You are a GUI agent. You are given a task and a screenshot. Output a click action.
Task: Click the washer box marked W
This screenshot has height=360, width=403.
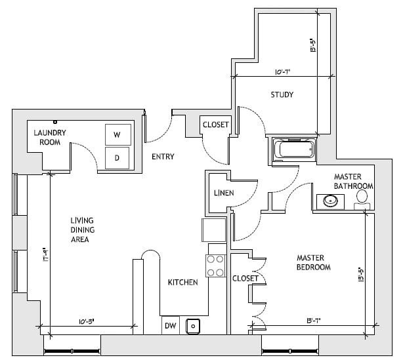coord(117,134)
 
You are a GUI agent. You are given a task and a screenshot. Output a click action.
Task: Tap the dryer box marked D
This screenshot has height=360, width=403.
coord(117,157)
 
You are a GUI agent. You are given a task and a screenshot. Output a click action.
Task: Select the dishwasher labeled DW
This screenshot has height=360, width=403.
coord(170,325)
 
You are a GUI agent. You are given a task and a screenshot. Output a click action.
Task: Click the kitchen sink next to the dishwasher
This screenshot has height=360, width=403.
coord(193,325)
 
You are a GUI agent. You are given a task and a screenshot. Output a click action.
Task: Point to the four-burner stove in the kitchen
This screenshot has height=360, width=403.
coord(215,266)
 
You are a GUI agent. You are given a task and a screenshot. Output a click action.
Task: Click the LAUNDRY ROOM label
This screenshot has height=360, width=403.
coord(51,136)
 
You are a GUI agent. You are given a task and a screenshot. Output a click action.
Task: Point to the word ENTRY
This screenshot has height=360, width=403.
coord(162,157)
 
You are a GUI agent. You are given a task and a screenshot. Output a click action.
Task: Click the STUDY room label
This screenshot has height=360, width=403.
coord(282,95)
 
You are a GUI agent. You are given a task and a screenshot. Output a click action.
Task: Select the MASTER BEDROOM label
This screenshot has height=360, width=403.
coord(312,262)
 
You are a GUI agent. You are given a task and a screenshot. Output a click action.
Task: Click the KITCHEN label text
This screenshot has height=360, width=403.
coord(182,283)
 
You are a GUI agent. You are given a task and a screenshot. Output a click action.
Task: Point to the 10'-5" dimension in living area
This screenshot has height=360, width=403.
coord(89,321)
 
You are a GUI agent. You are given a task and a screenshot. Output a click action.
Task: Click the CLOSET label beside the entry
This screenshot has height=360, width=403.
coord(215,125)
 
